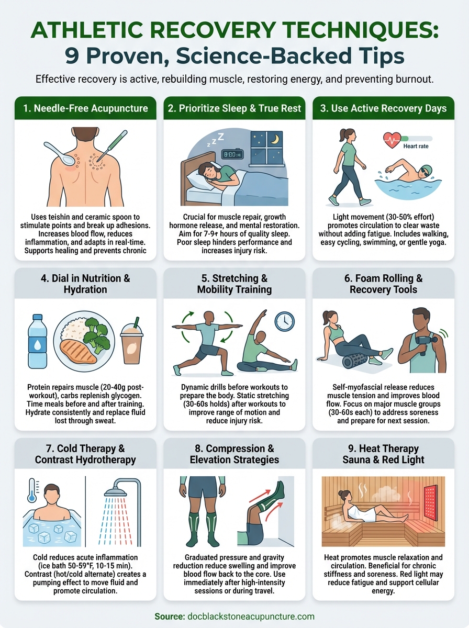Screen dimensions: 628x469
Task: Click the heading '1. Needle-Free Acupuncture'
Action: click(x=85, y=108)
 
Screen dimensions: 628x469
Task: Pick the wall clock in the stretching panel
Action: click(x=284, y=321)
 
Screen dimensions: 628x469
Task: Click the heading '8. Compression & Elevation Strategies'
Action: click(x=234, y=454)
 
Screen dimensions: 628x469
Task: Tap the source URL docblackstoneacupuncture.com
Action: click(x=250, y=616)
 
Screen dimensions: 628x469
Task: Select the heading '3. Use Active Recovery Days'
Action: click(x=383, y=108)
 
